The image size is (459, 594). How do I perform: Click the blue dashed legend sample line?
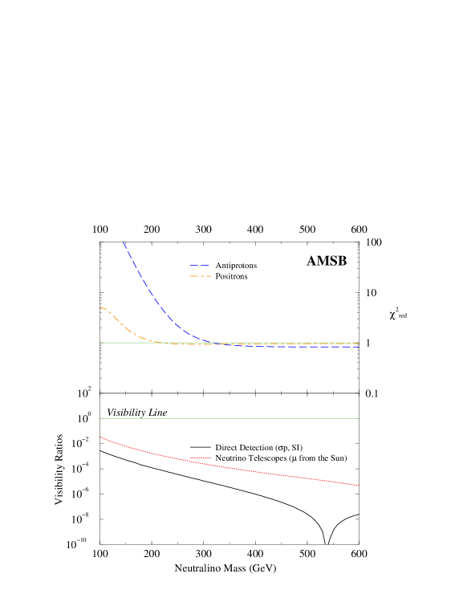click(x=199, y=265)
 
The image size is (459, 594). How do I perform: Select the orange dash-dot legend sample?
click(x=200, y=276)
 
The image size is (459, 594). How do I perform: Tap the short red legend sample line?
click(x=200, y=458)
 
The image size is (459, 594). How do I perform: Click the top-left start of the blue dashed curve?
click(x=124, y=242)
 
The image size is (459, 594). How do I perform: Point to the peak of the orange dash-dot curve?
click(x=102, y=308)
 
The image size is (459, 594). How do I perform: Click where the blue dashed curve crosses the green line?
click(x=210, y=343)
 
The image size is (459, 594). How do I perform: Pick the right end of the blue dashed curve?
click(x=359, y=347)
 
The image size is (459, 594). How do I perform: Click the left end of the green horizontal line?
click(x=100, y=343)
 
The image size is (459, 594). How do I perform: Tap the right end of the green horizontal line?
click(x=359, y=343)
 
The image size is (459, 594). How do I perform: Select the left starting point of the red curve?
click(x=100, y=437)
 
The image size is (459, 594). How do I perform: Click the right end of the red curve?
click(x=359, y=486)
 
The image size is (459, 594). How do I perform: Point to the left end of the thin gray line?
click(x=100, y=418)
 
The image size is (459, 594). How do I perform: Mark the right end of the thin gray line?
click(x=359, y=418)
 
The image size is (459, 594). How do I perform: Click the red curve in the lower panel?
click(x=241, y=469)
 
